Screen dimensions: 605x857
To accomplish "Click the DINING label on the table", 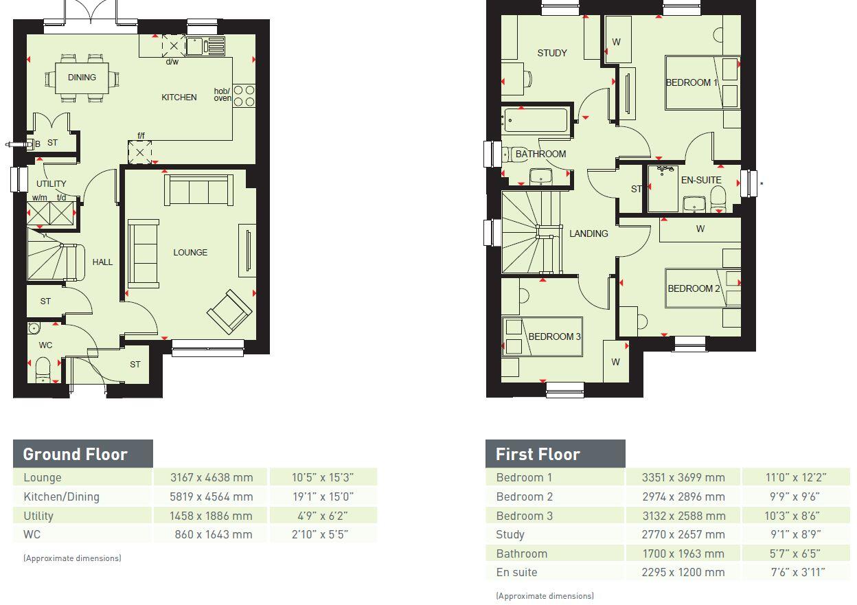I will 82,78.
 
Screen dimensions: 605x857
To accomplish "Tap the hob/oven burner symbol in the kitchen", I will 243,95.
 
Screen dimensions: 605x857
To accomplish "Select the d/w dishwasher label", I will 172,62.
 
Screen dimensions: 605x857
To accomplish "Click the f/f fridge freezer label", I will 141,136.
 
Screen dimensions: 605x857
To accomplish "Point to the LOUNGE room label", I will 190,253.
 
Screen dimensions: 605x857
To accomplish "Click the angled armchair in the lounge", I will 229,311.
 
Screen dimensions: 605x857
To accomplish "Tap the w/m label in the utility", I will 39,198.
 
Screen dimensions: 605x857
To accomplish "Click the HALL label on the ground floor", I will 102,262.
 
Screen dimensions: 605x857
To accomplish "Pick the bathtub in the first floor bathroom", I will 536,119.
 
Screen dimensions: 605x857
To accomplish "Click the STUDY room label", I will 552,53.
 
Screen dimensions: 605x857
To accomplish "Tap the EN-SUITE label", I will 701,181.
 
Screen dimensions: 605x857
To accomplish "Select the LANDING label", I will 589,233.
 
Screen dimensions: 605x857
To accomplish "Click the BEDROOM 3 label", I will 554,336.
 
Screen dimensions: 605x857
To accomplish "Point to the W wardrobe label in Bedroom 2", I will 700,229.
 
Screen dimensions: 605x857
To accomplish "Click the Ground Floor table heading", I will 76,454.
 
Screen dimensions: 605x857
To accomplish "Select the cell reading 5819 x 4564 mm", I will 212,496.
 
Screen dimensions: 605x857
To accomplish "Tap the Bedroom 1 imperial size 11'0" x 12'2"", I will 796,477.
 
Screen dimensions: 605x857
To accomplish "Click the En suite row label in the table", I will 516,572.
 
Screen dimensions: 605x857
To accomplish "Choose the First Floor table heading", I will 538,454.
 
